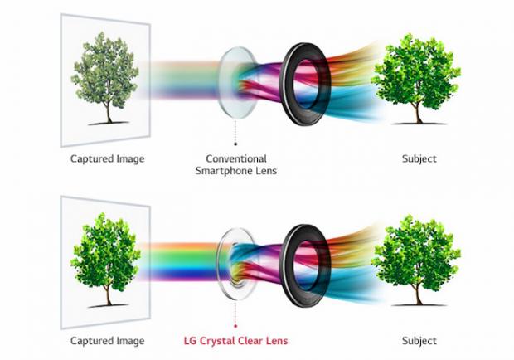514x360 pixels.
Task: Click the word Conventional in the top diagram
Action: [x=236, y=158]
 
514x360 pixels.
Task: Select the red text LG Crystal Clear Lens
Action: [x=235, y=341]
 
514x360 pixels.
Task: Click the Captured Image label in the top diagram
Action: [x=108, y=159]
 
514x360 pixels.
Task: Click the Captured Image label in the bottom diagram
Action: [x=108, y=341]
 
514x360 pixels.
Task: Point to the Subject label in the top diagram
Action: [x=419, y=159]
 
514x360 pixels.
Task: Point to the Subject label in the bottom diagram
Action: [x=419, y=341]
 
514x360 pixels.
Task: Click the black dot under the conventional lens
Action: [x=235, y=144]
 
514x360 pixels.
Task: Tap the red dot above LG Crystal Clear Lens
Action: [x=235, y=326]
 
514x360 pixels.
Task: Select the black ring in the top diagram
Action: [x=305, y=84]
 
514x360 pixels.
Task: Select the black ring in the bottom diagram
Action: [x=305, y=266]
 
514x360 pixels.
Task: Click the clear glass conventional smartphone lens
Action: [x=237, y=83]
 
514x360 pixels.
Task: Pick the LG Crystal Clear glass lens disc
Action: [x=237, y=265]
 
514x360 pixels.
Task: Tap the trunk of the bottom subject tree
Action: [x=418, y=294]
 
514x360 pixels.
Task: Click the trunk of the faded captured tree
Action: [x=109, y=113]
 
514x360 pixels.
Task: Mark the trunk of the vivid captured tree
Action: [x=109, y=294]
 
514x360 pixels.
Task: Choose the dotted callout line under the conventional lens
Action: [x=235, y=130]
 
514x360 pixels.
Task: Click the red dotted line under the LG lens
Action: [x=235, y=313]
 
